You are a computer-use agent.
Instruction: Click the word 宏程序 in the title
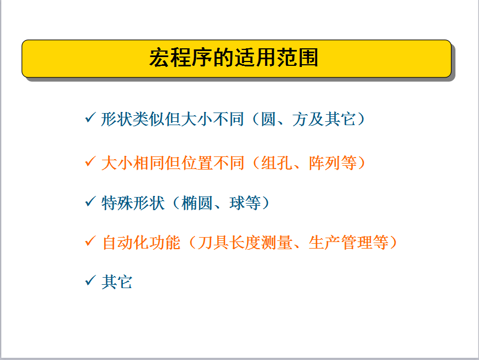tap(181, 58)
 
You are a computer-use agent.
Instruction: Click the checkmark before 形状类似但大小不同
tap(91, 117)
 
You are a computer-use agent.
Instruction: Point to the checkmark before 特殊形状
tap(91, 201)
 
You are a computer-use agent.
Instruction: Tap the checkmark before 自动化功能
tap(91, 241)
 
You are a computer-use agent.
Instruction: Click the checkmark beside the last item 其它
tap(91, 280)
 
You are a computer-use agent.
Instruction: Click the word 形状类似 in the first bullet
tap(133, 119)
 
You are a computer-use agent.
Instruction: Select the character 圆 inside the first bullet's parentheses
tap(268, 119)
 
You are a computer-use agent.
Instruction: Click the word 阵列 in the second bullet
tap(324, 163)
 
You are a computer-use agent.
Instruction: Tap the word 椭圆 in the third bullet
tap(197, 203)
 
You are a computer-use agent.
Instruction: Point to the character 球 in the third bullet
tap(237, 203)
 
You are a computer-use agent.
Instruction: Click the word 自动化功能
tap(141, 243)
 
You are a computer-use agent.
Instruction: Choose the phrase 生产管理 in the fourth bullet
tap(340, 243)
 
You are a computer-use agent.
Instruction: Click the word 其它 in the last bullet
tap(117, 282)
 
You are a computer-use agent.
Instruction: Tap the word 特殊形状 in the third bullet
tap(133, 203)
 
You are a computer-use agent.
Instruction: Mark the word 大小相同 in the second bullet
tap(133, 163)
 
